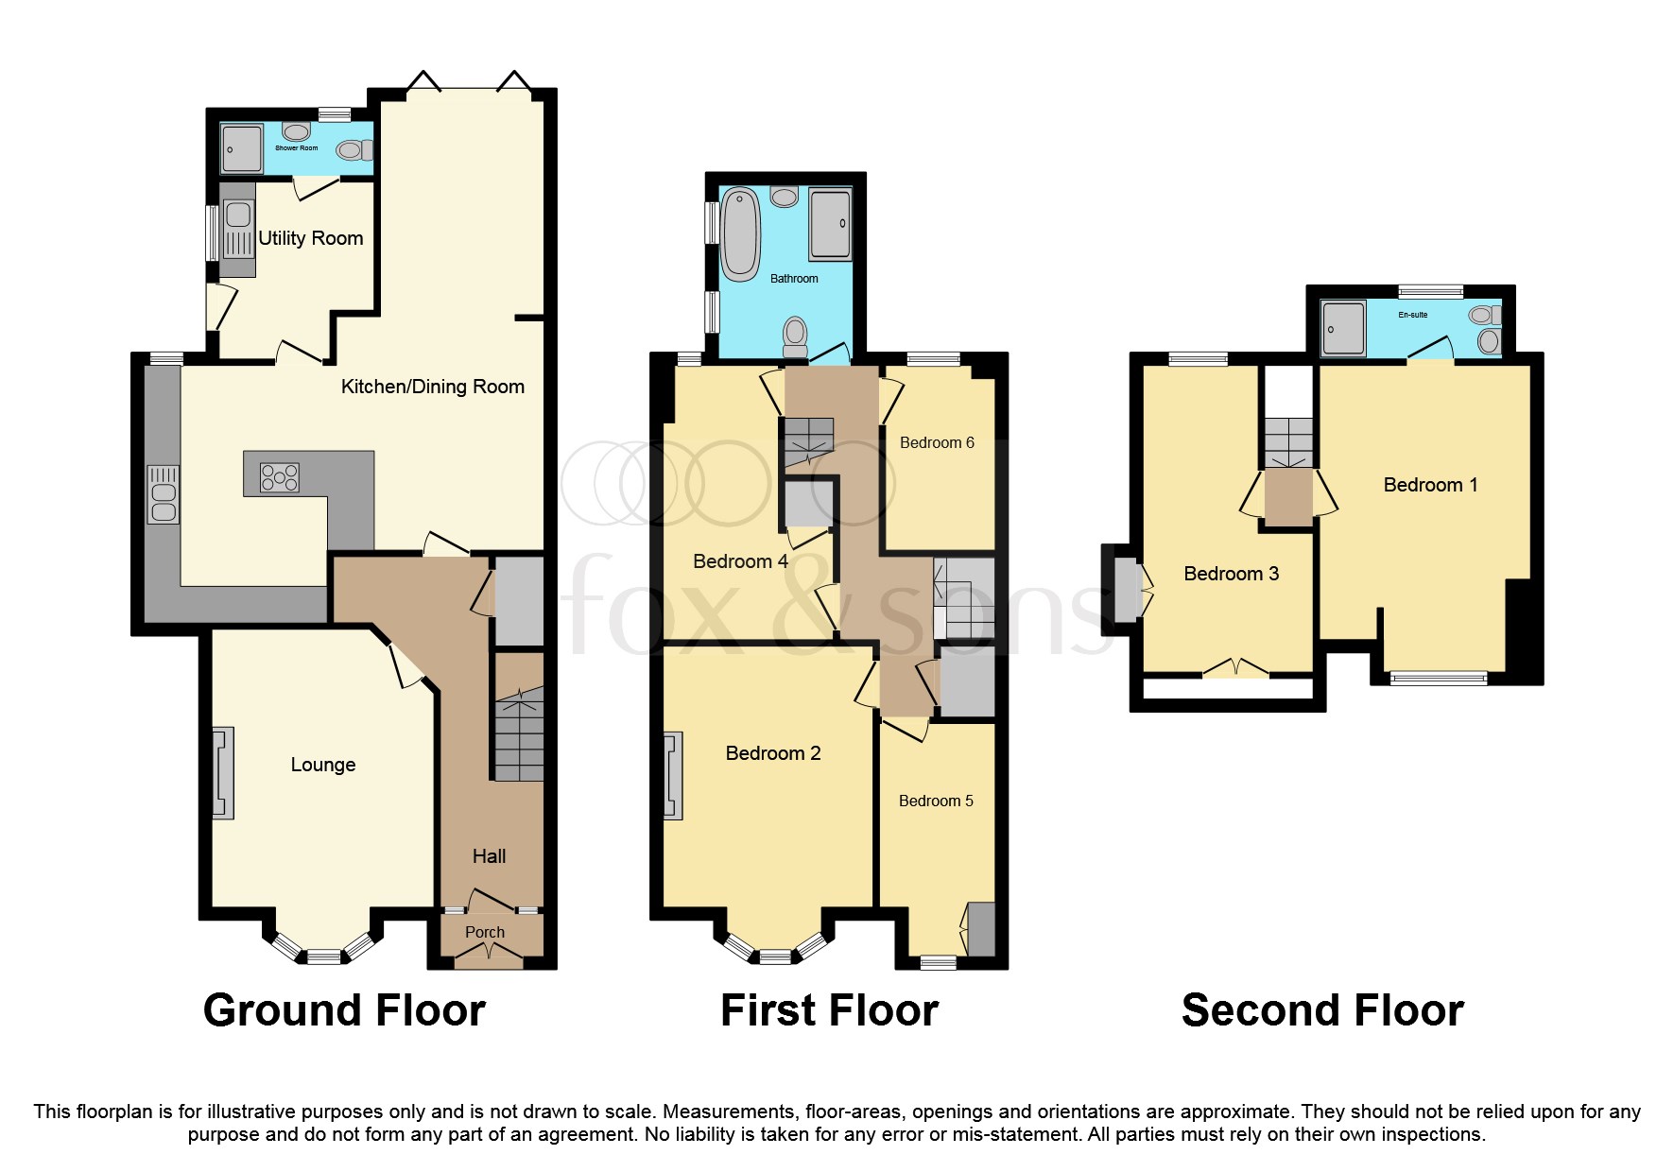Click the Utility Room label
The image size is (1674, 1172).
tap(311, 238)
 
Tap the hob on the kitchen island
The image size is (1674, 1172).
tap(280, 477)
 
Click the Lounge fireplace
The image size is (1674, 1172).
tap(223, 772)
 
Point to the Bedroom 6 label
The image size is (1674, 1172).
tap(936, 442)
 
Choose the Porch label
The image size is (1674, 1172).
tap(484, 932)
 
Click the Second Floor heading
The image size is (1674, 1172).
tap(1321, 1010)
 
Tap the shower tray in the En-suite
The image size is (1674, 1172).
tap(1343, 329)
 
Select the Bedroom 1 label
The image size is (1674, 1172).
tap(1429, 485)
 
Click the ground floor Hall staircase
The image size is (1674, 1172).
tap(518, 737)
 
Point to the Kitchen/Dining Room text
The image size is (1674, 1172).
tap(432, 387)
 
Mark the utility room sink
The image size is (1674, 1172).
tap(238, 215)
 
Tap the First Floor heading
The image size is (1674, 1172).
tap(829, 1010)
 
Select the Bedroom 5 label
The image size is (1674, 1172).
tap(935, 801)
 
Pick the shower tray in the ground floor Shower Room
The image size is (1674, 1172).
tap(242, 149)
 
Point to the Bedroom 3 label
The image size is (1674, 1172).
tap(1231, 574)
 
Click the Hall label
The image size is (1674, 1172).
tap(489, 856)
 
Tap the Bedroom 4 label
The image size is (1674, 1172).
tap(740, 561)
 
